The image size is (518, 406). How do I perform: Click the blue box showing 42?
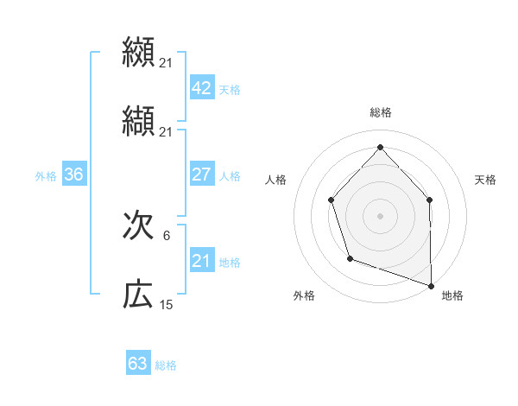click(201, 88)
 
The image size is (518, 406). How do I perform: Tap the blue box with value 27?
click(201, 174)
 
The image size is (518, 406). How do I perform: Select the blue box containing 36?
click(73, 174)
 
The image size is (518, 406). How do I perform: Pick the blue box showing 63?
click(138, 364)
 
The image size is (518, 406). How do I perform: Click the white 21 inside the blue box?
click(201, 260)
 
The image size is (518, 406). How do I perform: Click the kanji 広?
click(138, 295)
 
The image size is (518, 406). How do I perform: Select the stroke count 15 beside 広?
click(167, 305)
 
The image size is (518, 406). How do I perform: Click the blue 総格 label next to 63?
click(166, 365)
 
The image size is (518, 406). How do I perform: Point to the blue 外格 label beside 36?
click(46, 175)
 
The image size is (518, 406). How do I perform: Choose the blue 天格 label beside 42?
click(230, 90)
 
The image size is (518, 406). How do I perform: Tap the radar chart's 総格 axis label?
click(380, 112)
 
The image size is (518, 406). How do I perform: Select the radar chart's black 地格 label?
click(452, 295)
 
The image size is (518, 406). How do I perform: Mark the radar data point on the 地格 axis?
click(431, 284)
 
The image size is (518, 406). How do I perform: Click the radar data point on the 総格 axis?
click(380, 147)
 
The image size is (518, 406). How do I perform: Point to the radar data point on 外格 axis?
click(350, 258)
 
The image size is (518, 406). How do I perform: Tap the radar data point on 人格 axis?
click(332, 200)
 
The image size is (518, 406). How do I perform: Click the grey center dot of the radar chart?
click(380, 215)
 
